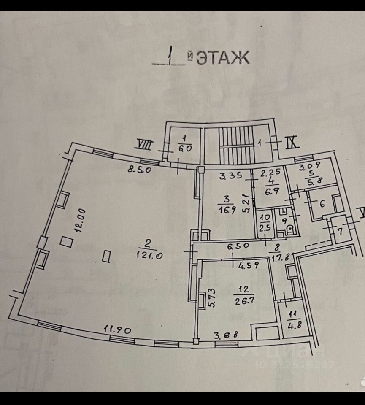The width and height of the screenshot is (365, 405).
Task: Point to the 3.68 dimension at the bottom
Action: (x=226, y=335)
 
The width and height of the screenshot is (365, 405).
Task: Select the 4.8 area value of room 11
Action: (x=291, y=325)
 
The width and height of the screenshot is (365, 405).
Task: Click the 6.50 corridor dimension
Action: (x=239, y=245)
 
